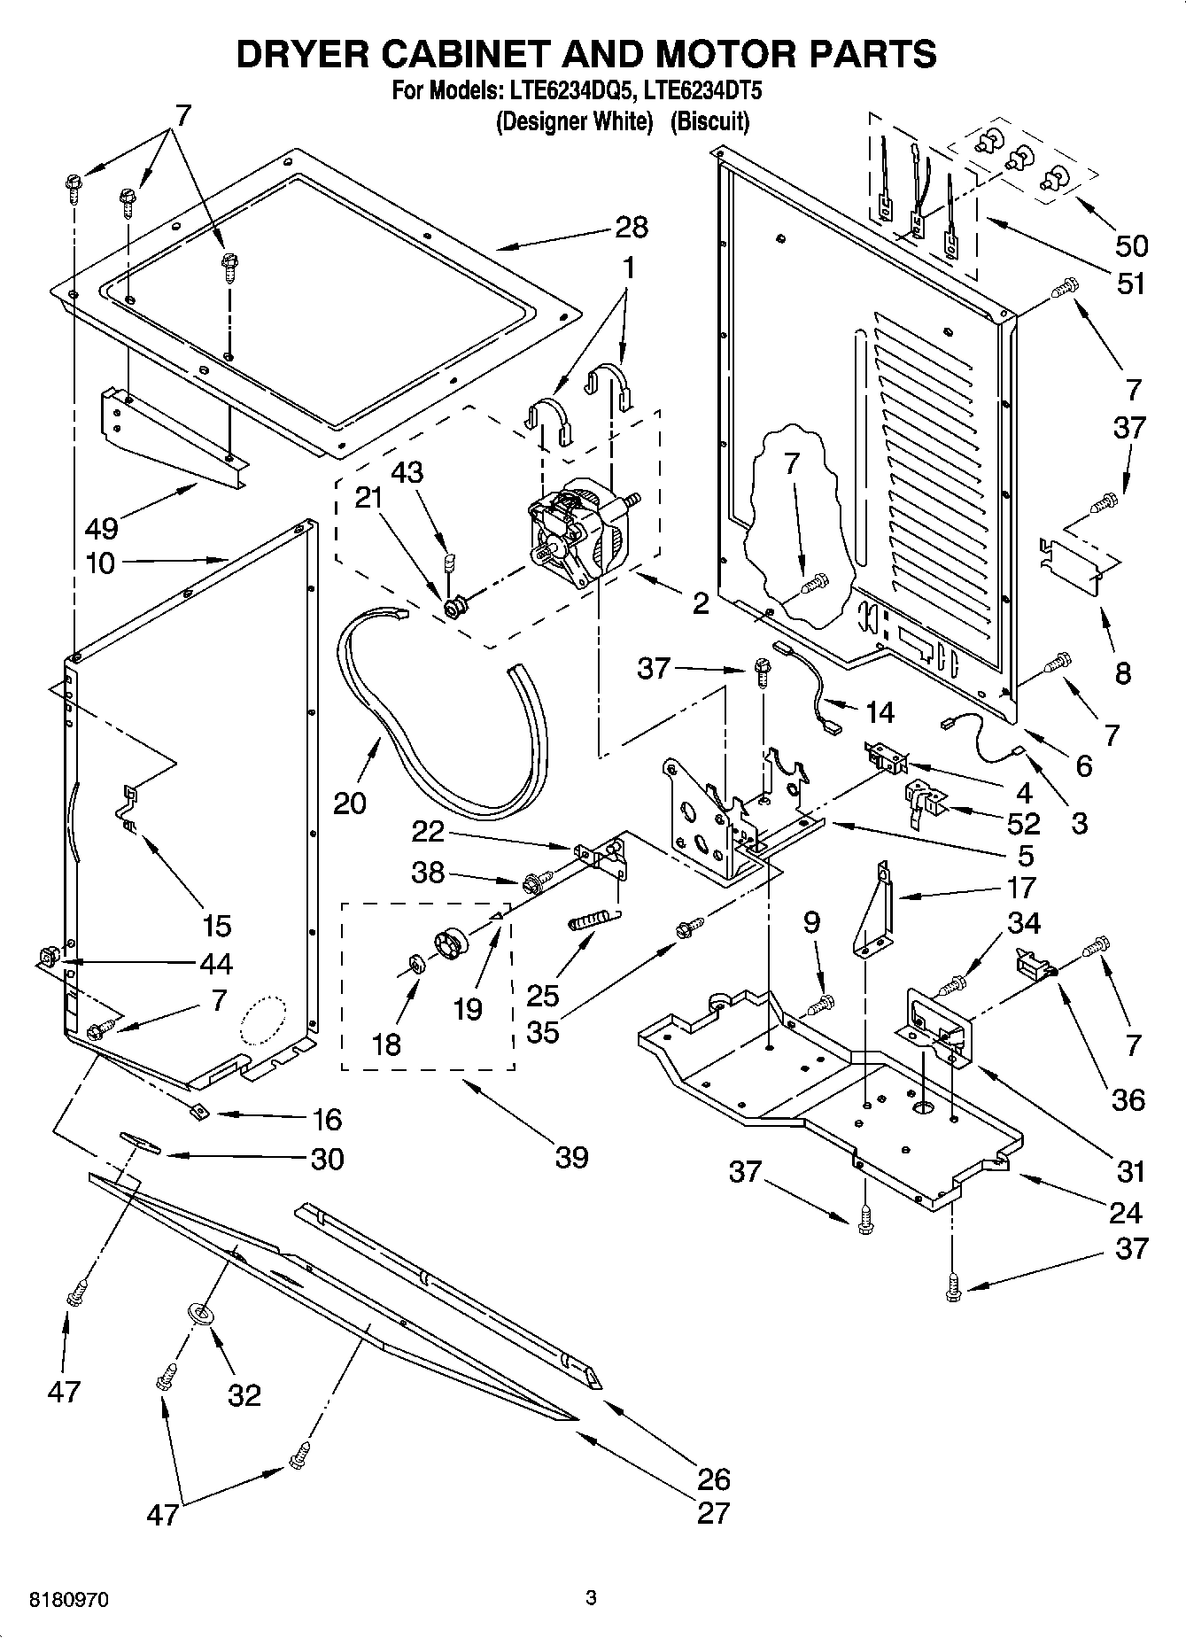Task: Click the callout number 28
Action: (632, 228)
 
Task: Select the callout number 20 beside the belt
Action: (350, 803)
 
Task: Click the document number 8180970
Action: (70, 1600)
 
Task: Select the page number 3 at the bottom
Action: (591, 1599)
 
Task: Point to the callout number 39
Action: (571, 1157)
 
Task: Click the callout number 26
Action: (713, 1478)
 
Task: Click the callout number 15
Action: (216, 926)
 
